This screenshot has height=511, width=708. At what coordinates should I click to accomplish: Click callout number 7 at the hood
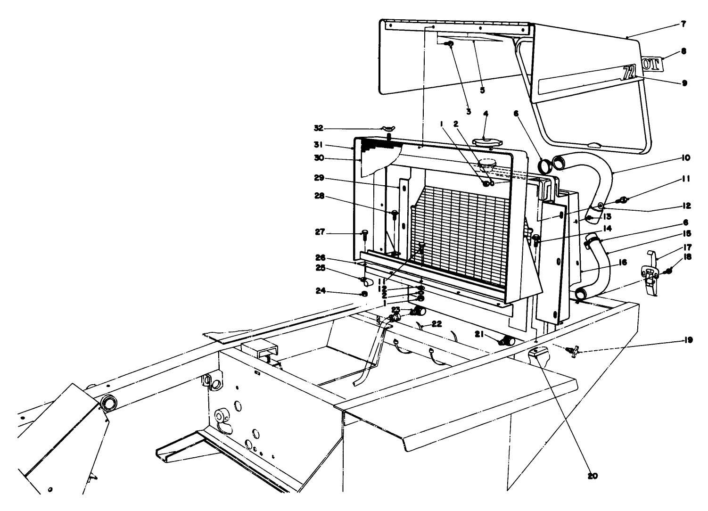pos(683,24)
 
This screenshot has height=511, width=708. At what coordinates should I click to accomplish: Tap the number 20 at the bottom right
pos(593,476)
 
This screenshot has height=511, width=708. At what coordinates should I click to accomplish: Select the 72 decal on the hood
pos(629,72)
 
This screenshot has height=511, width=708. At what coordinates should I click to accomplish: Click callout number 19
pos(688,340)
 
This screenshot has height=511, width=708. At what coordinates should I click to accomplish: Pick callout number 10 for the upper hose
pos(685,157)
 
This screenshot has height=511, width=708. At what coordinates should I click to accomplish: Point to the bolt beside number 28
pos(395,214)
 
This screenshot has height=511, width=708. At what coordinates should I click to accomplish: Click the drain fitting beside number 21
pos(507,340)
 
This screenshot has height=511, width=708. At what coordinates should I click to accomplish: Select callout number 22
pos(437,324)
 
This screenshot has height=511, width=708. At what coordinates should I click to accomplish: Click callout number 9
pos(684,83)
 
